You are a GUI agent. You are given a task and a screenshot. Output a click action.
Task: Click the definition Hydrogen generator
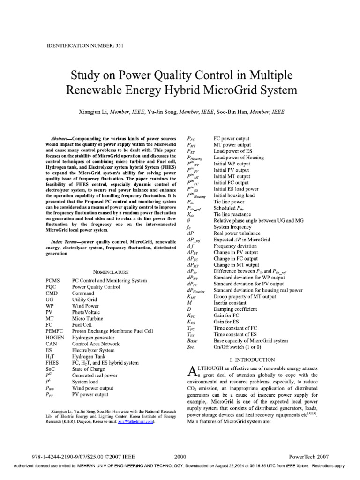pos(93,337)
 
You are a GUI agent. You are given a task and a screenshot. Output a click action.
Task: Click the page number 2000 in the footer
pos(180,456)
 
